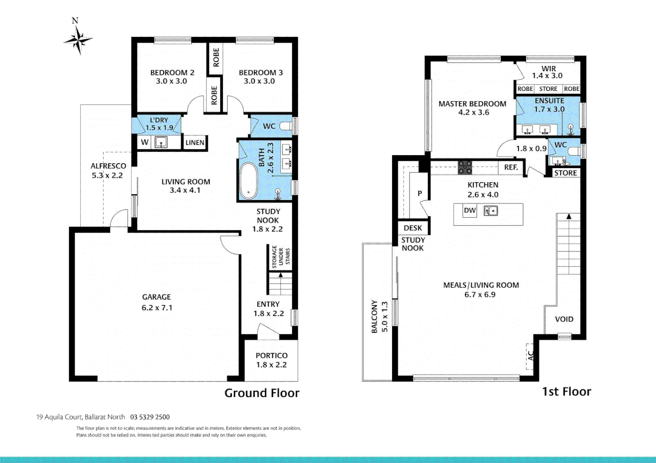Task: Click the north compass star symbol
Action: coord(78,40)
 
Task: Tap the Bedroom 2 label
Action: coord(172,72)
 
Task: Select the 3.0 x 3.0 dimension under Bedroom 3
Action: coord(259,81)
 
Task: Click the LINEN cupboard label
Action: coord(195,142)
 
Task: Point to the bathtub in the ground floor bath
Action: coord(248,180)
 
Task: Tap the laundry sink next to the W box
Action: coord(161,142)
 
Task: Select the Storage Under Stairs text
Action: coord(281,256)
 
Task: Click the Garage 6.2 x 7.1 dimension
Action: coord(157,307)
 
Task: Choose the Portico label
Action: coord(271,355)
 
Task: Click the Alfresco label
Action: coord(108,166)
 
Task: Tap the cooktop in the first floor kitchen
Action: coord(465,167)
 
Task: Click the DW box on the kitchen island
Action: coord(470,210)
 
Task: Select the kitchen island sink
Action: coord(491,210)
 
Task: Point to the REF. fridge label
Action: coord(511,167)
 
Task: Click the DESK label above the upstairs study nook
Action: coord(413,228)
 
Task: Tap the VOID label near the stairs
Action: coord(564,319)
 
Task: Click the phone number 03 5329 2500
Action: coord(150,417)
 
